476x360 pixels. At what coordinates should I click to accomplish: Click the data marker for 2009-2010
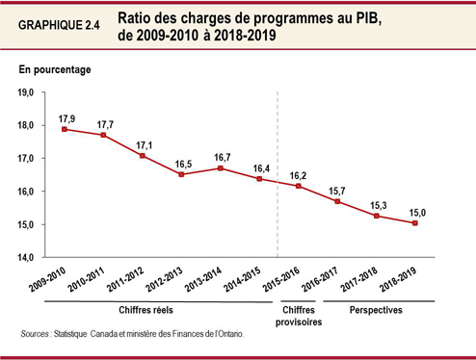64,129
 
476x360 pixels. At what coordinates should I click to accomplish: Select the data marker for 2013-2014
221,168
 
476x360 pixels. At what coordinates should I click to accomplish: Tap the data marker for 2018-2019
415,223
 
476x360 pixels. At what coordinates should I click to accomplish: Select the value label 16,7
222,156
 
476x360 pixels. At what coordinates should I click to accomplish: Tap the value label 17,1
145,142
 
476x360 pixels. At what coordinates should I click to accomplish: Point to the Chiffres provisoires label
297,317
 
